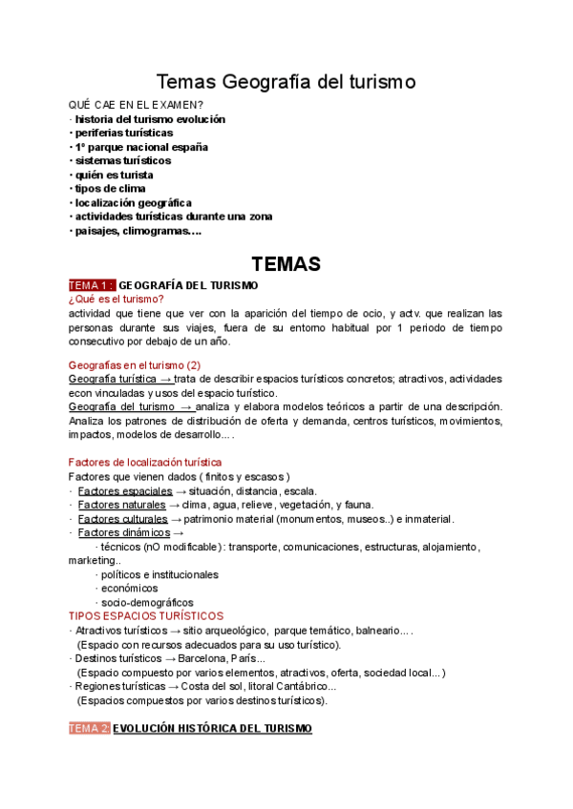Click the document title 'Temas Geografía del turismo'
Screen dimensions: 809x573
[286, 82]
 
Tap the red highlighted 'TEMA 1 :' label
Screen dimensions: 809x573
[92, 285]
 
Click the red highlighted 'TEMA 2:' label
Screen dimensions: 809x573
[90, 729]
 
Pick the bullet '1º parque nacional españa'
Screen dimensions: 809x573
[140, 147]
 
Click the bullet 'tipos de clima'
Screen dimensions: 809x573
[110, 188]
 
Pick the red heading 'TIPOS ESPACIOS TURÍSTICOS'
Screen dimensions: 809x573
[146, 616]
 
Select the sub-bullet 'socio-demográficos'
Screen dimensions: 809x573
[147, 603]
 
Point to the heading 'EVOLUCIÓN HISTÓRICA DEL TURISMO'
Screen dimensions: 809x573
[212, 729]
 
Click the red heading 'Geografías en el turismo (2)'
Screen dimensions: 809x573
[135, 364]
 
